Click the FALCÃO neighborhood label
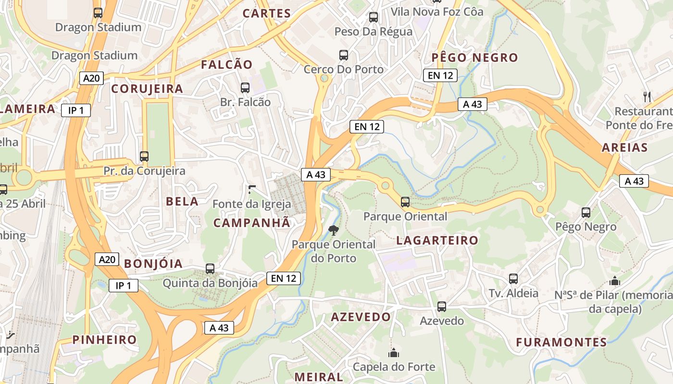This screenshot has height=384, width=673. point(226,65)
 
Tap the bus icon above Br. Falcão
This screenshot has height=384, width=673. point(245,88)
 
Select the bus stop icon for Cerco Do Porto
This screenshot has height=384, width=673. point(344,55)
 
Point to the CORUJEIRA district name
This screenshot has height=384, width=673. point(147,89)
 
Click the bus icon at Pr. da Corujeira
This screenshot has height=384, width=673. point(144,156)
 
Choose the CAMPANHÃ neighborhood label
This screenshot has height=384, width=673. point(252,223)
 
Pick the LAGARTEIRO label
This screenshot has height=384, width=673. point(437,240)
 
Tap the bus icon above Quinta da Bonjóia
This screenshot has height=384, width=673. point(210,269)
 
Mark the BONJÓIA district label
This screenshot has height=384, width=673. point(153,264)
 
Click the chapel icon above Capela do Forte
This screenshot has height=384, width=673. point(394,353)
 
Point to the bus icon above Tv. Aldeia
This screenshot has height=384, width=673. point(513,279)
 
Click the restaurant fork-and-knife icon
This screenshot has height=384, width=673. point(647,96)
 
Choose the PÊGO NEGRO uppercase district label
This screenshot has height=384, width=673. point(474,58)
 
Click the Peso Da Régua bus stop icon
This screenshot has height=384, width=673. point(374,18)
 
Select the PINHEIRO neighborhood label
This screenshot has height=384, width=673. point(105,340)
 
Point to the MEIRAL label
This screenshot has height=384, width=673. point(319,377)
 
